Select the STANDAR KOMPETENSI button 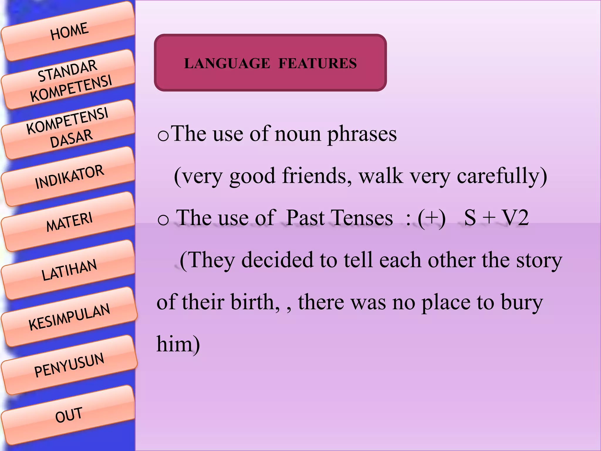[70, 80]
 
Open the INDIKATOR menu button [69, 177]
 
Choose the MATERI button [69, 222]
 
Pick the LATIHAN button [69, 270]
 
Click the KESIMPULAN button [69, 317]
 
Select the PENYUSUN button [69, 365]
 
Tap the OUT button [69, 415]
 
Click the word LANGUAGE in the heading [227, 63]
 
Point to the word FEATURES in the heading [318, 63]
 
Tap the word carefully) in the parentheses [502, 176]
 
